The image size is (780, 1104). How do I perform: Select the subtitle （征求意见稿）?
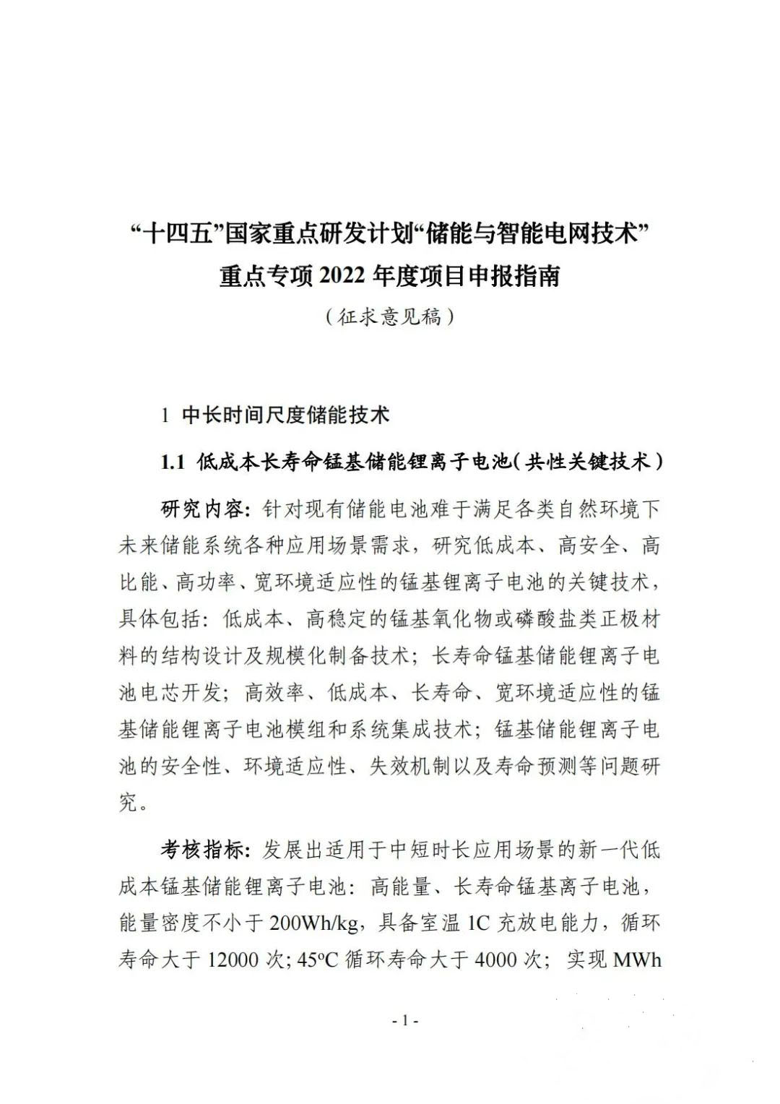389,316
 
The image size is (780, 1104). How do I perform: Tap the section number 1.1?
174,462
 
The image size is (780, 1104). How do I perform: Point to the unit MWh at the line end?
637,960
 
